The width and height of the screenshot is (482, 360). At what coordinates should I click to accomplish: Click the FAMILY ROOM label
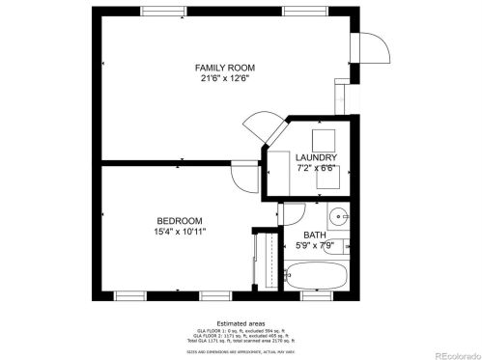224,67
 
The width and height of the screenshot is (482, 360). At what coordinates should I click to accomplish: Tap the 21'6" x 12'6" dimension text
224,79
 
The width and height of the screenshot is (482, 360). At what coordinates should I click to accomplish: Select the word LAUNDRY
316,157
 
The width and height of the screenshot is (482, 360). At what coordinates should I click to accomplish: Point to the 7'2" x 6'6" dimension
316,169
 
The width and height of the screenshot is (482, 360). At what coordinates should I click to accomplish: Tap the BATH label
315,235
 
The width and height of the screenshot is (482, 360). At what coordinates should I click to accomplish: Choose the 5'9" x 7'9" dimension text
315,246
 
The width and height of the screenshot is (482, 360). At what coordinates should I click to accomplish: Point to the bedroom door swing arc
238,174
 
